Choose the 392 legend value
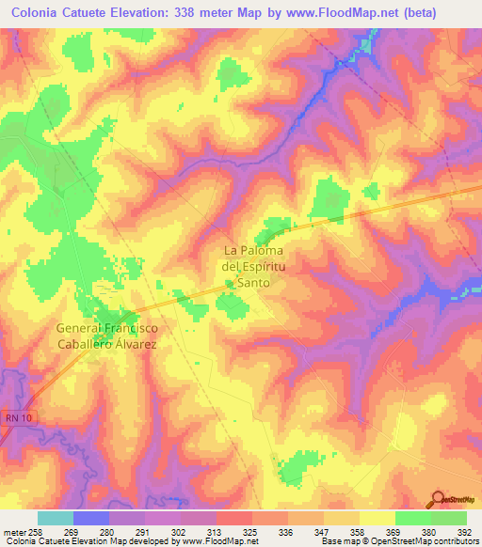click(464, 532)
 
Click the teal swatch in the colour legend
click(55, 518)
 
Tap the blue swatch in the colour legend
click(90, 518)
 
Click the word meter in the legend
click(15, 532)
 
